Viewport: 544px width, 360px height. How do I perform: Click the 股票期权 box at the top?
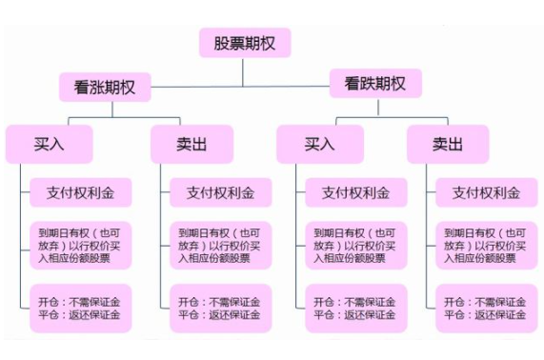click(245, 44)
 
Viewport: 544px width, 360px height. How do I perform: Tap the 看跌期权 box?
click(375, 85)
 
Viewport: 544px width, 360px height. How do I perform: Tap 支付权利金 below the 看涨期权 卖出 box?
click(216, 193)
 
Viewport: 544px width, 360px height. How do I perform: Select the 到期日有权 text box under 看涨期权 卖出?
click(216, 245)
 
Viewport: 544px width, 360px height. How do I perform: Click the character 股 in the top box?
click(222, 44)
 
